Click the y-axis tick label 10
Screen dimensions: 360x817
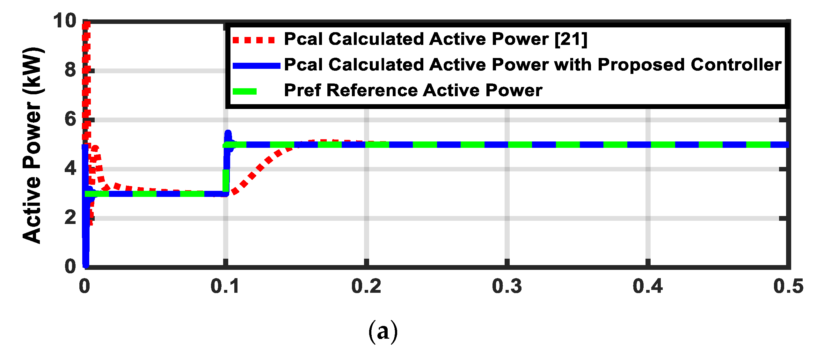coord(64,21)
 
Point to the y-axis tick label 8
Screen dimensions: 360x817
coord(70,70)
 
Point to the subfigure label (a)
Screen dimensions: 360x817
coord(383,331)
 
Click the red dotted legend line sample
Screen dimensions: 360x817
coord(253,40)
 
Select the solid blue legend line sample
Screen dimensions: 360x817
coord(256,66)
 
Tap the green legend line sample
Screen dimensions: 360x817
coord(244,92)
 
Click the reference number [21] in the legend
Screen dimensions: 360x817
coord(571,40)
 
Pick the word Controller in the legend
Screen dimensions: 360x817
coord(736,65)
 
